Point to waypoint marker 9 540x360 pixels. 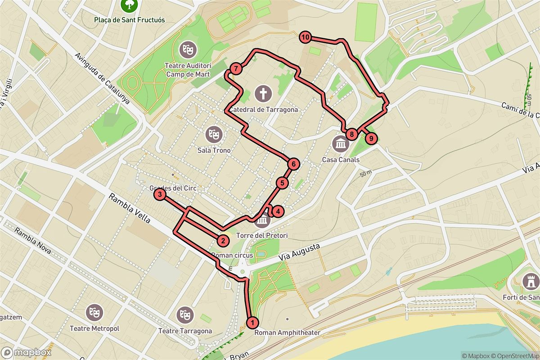click(x=371, y=139)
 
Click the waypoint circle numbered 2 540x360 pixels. click(x=222, y=240)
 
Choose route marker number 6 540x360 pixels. click(x=293, y=164)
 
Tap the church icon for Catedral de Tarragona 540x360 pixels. click(x=263, y=94)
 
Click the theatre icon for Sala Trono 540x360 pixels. click(x=213, y=134)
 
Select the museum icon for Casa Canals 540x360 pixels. click(x=340, y=144)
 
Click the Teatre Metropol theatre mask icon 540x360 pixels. click(x=94, y=312)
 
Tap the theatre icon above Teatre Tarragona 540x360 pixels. click(x=184, y=314)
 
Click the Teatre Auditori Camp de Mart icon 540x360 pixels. click(x=187, y=49)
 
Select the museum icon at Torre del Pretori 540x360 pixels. click(x=262, y=220)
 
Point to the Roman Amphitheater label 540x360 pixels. click(x=287, y=333)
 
